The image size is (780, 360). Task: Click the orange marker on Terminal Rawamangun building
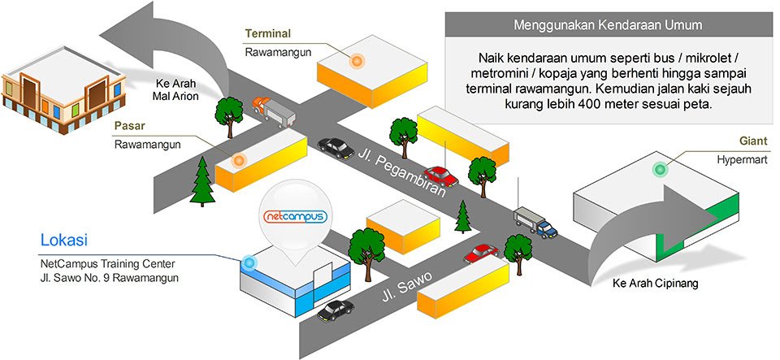355,60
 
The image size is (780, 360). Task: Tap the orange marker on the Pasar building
239,160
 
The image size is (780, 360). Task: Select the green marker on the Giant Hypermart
660,169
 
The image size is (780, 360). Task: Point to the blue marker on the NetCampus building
248,262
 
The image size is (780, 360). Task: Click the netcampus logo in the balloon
296,217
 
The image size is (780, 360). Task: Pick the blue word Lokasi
63,241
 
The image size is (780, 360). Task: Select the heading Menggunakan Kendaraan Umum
608,25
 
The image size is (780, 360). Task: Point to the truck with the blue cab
535,221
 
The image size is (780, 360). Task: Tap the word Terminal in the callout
267,33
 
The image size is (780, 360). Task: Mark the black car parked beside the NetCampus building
336,310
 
